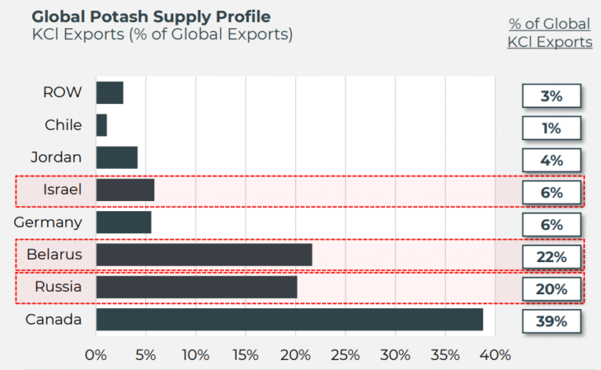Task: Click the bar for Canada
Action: pos(290,319)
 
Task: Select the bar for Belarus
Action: pos(203,254)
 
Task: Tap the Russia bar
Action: pos(196,287)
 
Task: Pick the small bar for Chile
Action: pos(102,125)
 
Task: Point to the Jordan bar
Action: pos(117,157)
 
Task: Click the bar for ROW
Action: pos(110,92)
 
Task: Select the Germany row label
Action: pos(48,222)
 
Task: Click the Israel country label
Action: pos(62,189)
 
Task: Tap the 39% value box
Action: pos(552,321)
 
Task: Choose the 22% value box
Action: pos(552,257)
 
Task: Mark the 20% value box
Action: pos(552,289)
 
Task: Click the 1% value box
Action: pos(552,128)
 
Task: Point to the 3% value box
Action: pos(552,95)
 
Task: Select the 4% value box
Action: pos(552,160)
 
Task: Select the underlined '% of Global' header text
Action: pos(549,23)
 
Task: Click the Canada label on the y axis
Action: pos(53,319)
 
